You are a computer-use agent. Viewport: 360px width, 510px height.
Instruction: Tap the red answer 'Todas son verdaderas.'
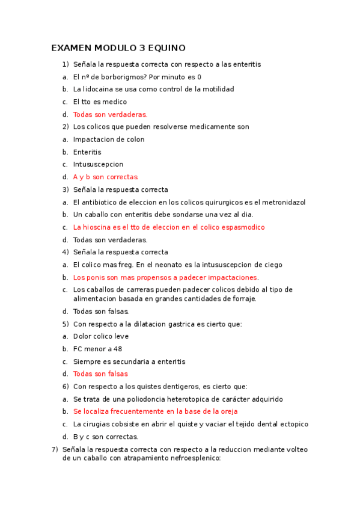tap(110, 114)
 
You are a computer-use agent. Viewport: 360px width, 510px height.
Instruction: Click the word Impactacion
tap(91, 140)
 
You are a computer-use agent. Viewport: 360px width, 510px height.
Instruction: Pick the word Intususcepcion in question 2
tap(98, 164)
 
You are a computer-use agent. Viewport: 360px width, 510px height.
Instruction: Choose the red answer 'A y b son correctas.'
tap(106, 177)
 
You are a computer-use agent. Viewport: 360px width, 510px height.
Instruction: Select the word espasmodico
tap(242, 227)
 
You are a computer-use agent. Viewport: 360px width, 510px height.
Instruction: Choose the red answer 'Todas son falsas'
tap(100, 374)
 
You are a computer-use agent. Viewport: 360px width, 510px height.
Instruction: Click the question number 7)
tap(55, 450)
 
